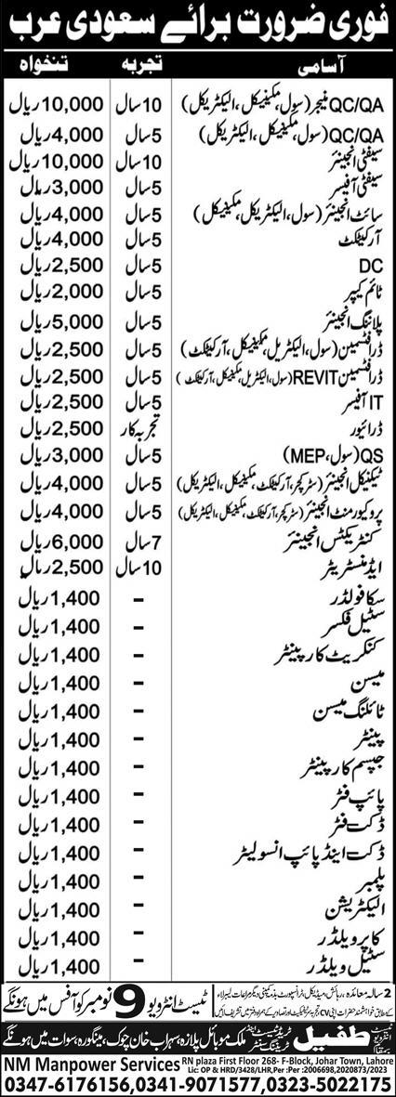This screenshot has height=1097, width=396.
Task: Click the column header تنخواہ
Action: [x=52, y=68]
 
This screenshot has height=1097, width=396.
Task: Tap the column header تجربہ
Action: [x=139, y=68]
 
